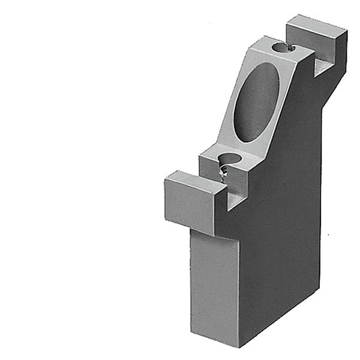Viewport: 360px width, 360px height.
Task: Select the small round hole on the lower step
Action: point(229,159)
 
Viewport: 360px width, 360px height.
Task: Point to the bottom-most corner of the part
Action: point(239,347)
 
